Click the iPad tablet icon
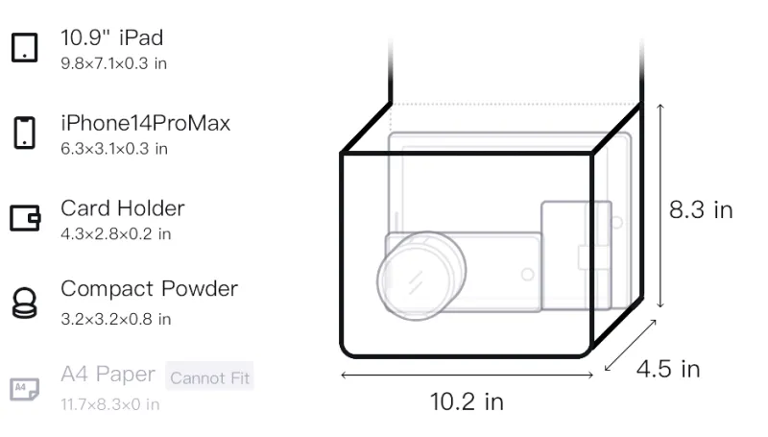25,47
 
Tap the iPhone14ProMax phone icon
25,133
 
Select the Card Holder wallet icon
25,217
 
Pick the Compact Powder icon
25,303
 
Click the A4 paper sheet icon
25,389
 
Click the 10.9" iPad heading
111,37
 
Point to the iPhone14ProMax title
146,123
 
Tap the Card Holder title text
123,208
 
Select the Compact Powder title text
149,289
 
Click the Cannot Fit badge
209,377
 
